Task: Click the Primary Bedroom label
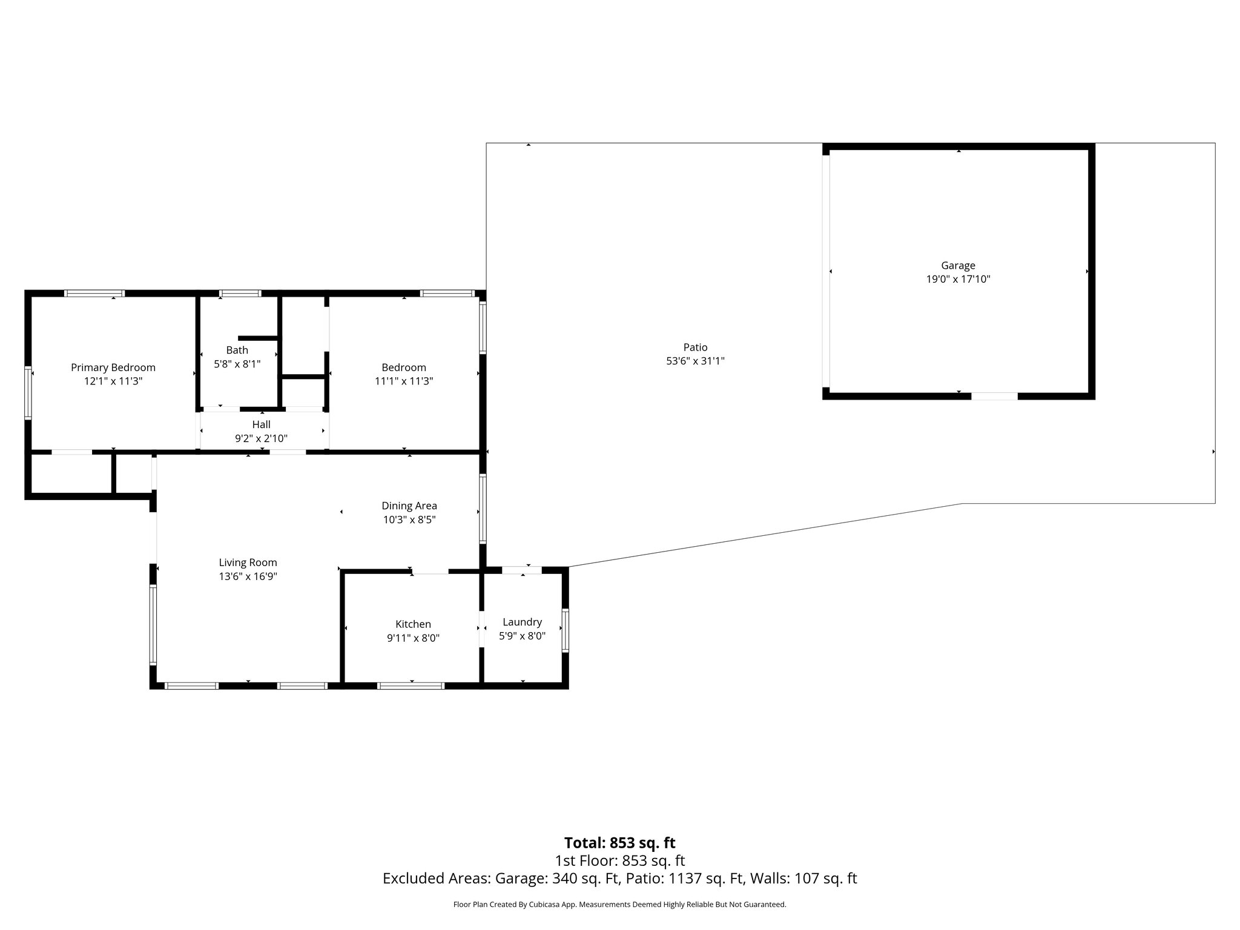113,368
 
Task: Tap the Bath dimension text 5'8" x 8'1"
237,364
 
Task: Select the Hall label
261,424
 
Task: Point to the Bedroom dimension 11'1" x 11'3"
404,381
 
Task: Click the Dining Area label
409,506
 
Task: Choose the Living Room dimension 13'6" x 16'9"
248,576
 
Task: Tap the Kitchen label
413,624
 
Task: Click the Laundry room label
522,622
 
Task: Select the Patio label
695,347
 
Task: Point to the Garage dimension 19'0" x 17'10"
958,279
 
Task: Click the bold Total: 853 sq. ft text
619,843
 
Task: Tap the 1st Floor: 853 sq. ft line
619,860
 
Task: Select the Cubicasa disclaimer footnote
619,905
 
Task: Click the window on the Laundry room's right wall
565,630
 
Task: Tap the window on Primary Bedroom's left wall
28,392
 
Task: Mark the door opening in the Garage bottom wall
994,396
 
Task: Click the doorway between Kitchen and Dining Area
430,570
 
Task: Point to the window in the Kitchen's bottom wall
411,686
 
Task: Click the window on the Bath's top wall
240,294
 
